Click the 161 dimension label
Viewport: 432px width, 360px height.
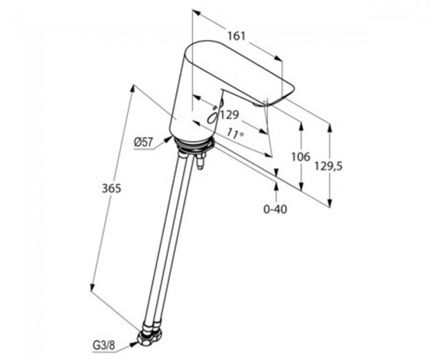[x=236, y=36]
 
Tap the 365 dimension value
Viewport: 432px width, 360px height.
[x=111, y=189]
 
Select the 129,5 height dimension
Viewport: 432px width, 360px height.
[x=328, y=166]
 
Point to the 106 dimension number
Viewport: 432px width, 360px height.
[x=301, y=157]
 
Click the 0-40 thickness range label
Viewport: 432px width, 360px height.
[x=275, y=209]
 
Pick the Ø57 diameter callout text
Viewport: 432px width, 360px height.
[x=143, y=142]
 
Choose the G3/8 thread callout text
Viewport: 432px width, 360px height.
[x=104, y=346]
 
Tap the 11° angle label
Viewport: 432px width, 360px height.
[x=235, y=134]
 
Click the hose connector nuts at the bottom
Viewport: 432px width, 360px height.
[x=150, y=336]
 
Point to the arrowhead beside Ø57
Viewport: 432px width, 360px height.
[x=168, y=138]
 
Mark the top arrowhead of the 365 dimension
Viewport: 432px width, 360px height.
[x=132, y=90]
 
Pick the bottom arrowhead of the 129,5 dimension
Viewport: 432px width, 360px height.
[x=330, y=203]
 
